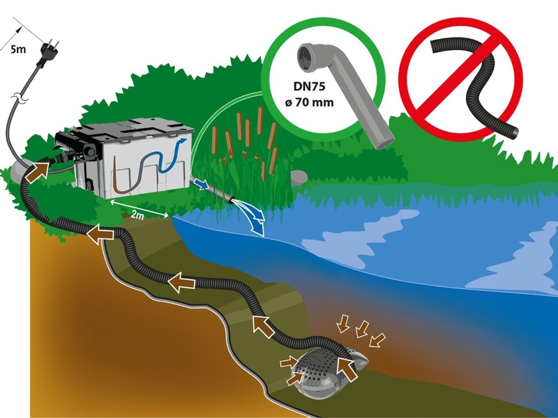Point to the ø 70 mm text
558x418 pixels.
click(308, 104)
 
